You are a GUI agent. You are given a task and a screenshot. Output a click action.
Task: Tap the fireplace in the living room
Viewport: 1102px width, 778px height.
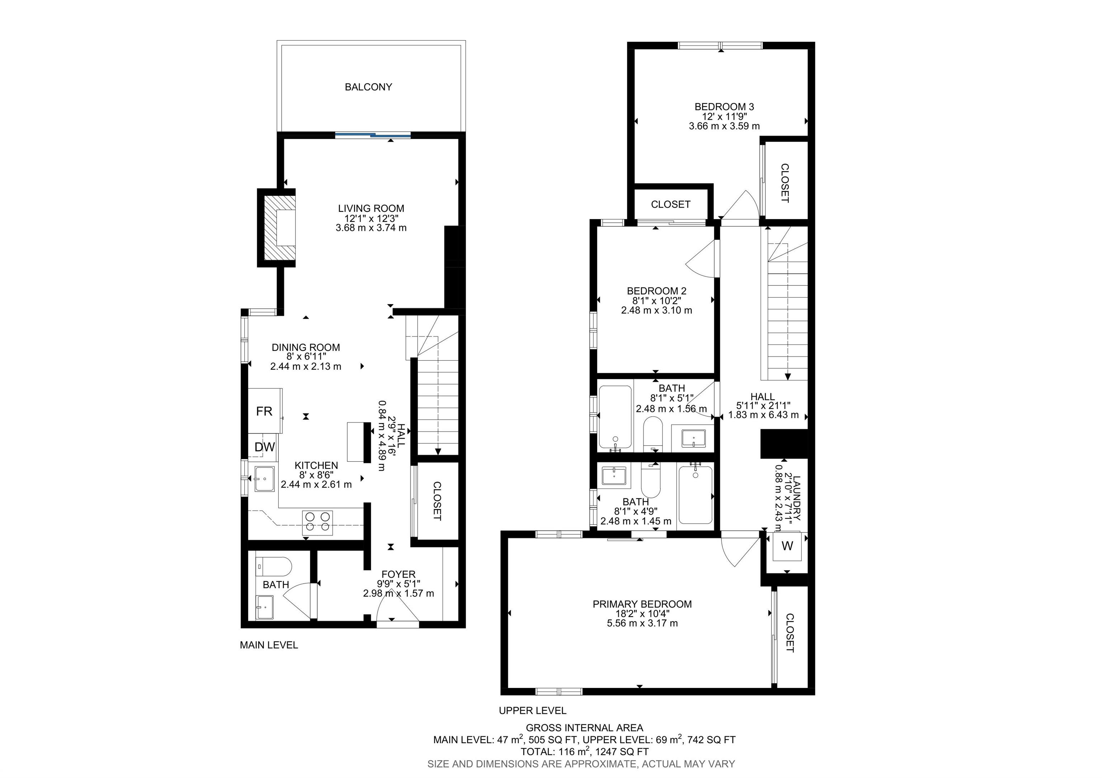click(280, 227)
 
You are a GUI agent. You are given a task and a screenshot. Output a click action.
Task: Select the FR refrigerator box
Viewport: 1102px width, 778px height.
click(264, 411)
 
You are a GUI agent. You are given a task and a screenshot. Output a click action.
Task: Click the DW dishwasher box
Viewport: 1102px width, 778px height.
click(264, 447)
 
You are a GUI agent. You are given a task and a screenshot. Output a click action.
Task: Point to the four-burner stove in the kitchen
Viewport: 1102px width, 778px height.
click(317, 523)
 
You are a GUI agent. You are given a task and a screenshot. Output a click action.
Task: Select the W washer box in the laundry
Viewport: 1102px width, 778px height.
click(787, 546)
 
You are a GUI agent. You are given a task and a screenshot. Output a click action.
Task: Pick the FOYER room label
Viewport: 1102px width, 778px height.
click(399, 574)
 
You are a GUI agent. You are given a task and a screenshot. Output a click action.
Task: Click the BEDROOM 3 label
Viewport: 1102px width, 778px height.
click(724, 106)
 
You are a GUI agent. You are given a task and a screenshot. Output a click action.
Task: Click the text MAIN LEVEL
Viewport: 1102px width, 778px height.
click(269, 645)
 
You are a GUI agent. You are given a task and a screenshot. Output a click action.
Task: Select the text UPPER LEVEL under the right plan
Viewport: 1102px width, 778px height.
click(532, 710)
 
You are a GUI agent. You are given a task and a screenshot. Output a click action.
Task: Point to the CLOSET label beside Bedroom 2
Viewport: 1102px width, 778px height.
click(670, 204)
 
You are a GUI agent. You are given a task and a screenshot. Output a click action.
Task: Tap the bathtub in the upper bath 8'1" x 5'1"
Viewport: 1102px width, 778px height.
click(615, 417)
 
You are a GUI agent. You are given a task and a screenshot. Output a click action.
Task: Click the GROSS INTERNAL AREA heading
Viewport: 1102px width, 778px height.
click(584, 728)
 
